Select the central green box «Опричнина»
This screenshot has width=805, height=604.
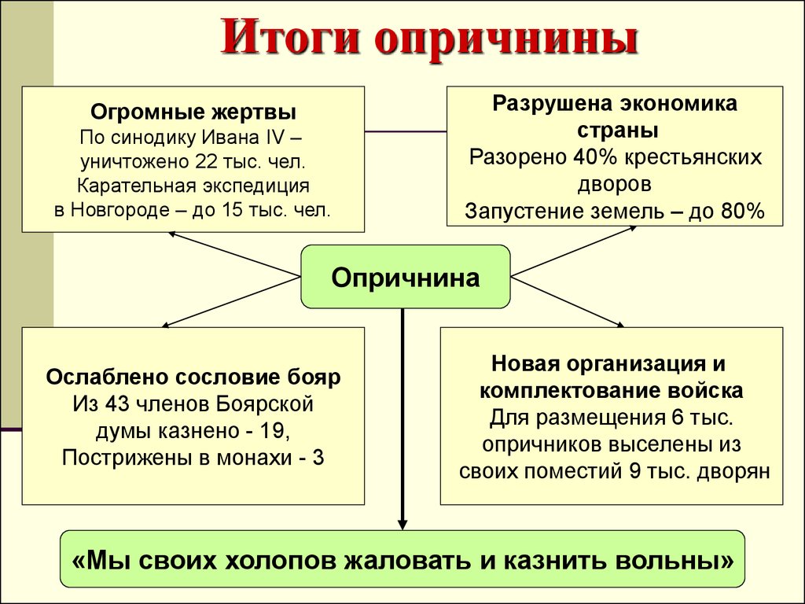405,277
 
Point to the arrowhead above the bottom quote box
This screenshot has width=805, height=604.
402,523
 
